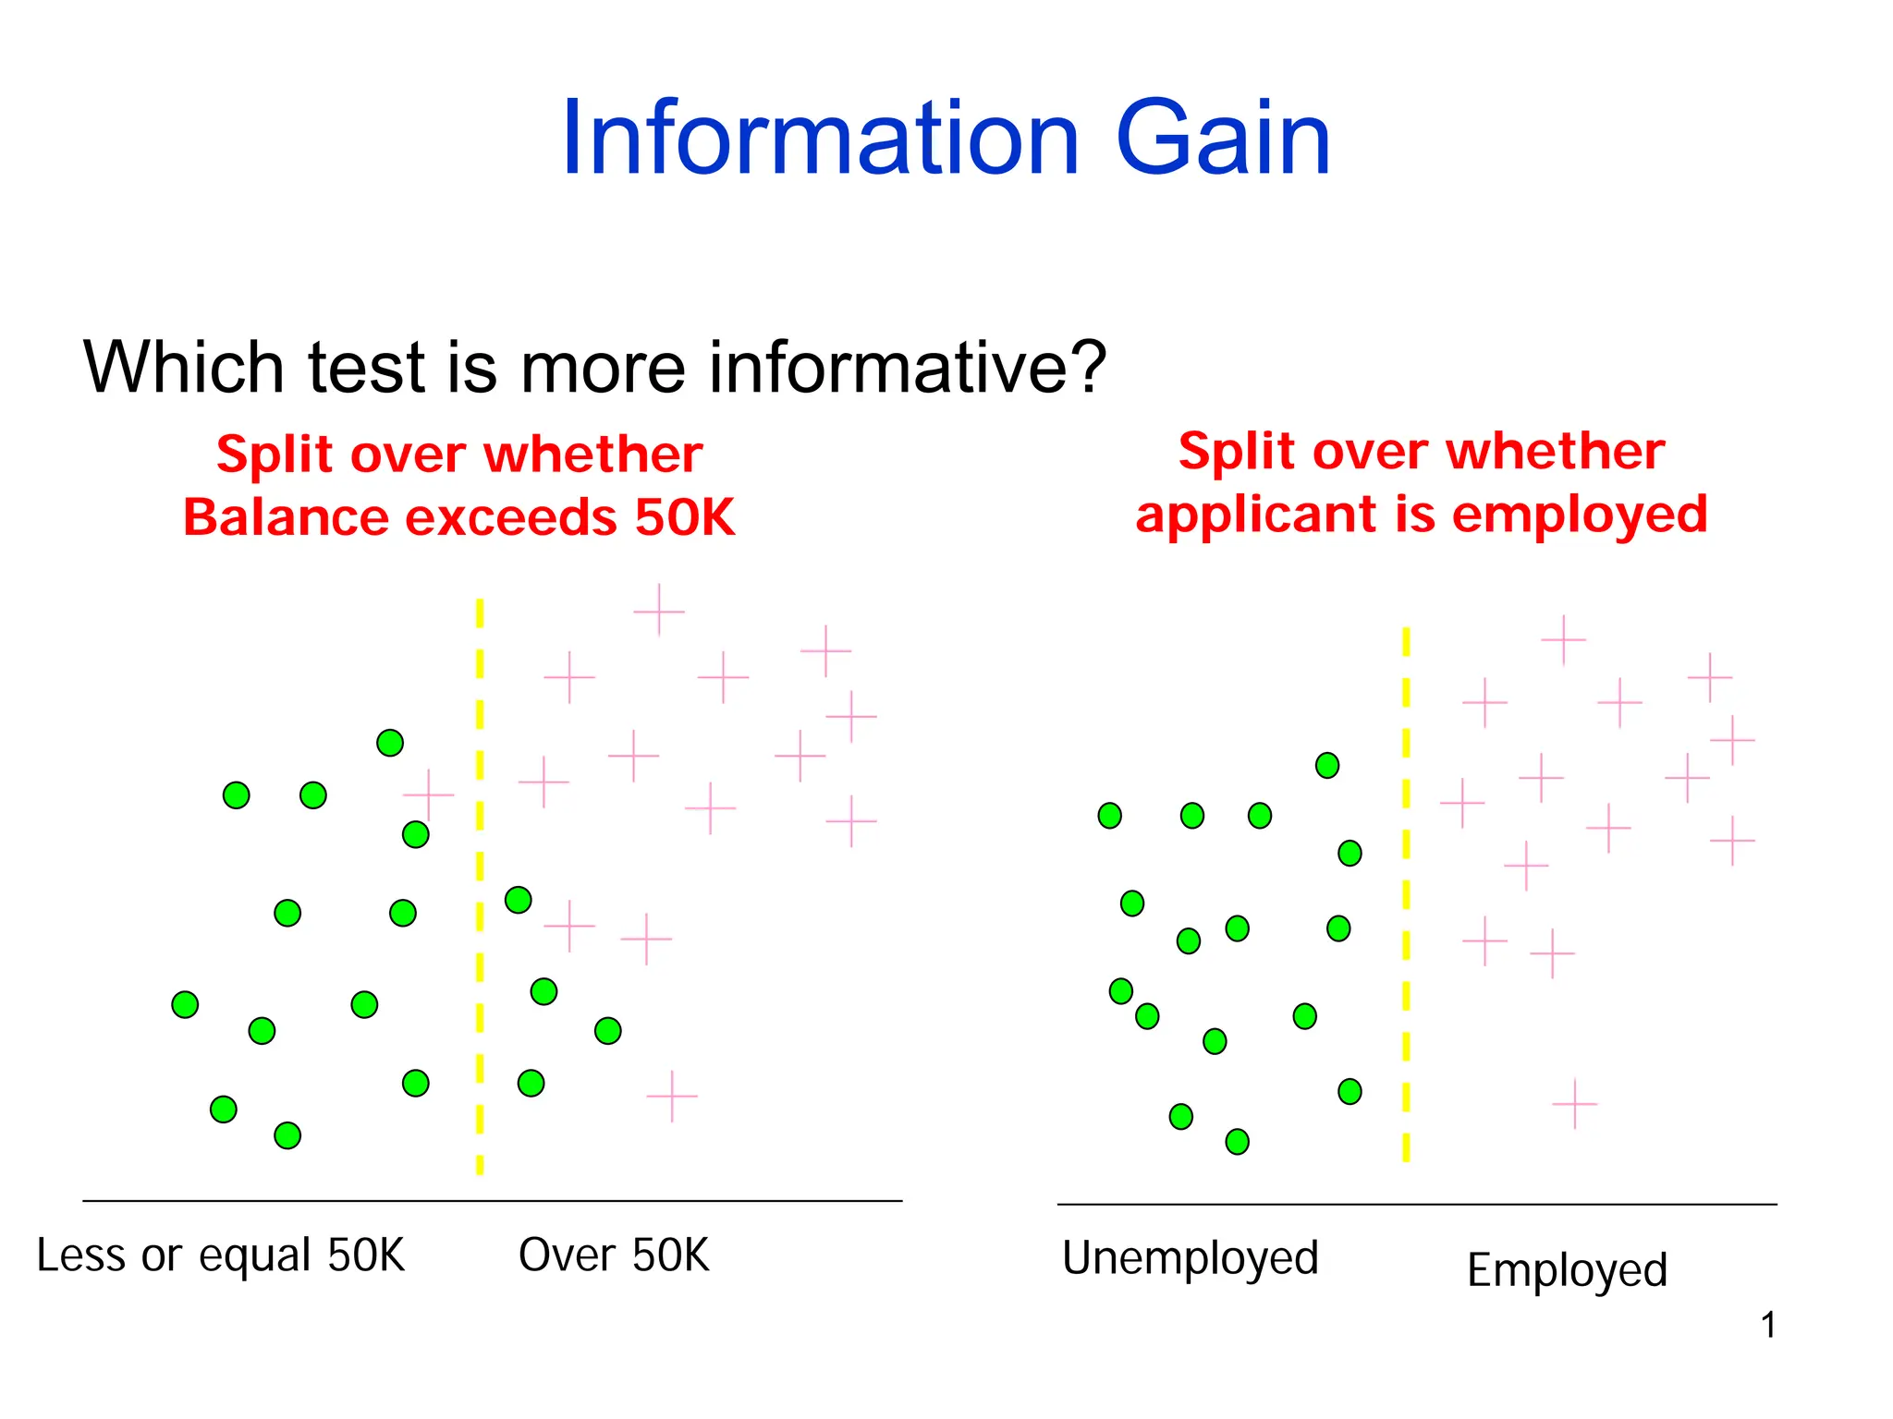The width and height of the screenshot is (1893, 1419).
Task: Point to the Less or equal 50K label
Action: (221, 1255)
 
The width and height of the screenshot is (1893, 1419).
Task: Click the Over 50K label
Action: (614, 1255)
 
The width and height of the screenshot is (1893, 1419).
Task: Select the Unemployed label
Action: (1190, 1258)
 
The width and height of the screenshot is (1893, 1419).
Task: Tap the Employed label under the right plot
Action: (1567, 1270)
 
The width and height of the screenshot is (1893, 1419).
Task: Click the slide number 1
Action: (1768, 1326)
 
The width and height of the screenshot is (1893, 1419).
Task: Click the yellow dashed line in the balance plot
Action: (480, 887)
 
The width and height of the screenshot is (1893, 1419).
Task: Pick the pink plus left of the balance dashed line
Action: (429, 794)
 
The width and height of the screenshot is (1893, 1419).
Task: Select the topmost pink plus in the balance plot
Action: (659, 610)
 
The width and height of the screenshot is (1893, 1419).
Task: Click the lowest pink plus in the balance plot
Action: (672, 1097)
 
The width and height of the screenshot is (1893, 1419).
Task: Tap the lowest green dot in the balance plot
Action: (287, 1135)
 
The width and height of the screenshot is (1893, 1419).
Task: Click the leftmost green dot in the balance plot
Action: (185, 1004)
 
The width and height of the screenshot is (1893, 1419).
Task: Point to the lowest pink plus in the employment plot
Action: (1574, 1104)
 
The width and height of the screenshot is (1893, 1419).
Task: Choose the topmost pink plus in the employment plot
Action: (1563, 639)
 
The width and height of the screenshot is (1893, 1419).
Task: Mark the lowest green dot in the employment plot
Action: (1237, 1142)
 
